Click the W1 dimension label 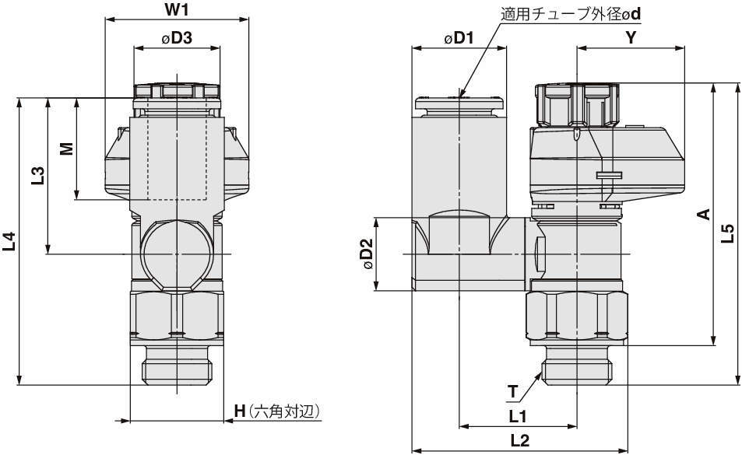tap(178, 10)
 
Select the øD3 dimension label tap(177, 38)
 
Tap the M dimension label tap(67, 148)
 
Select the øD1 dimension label tap(459, 38)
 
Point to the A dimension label tap(703, 214)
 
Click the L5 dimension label tap(728, 233)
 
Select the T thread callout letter tap(512, 390)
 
